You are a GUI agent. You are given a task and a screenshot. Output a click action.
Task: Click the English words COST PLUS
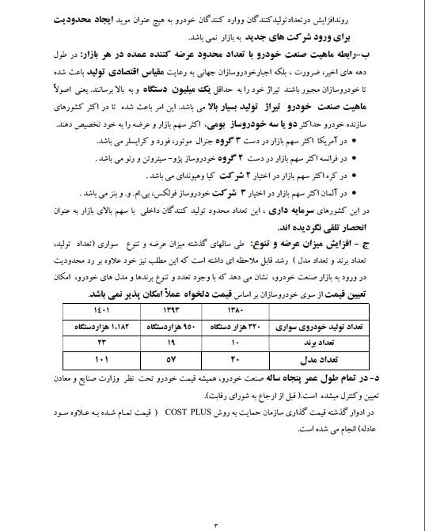click(203, 412)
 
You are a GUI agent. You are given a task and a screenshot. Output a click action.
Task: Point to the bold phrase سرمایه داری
click(295, 208)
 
